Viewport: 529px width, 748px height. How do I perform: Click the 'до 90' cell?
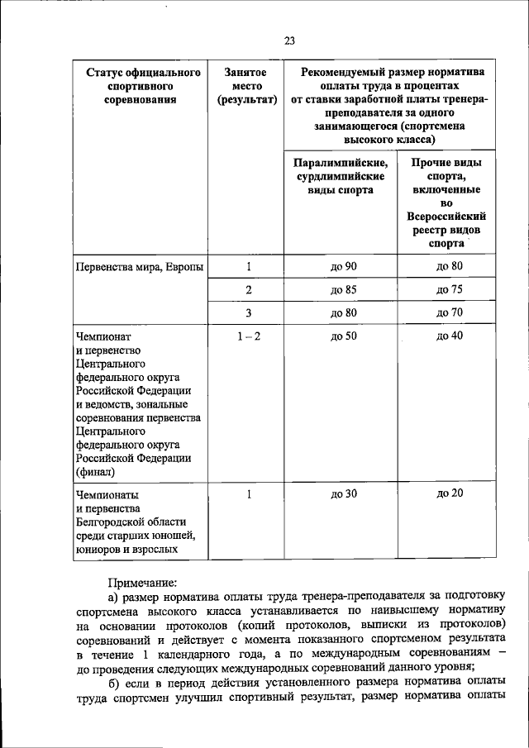pos(342,267)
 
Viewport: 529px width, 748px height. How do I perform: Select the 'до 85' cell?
pos(342,290)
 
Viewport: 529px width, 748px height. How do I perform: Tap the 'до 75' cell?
pos(450,290)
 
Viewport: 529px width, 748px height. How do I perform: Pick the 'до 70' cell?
pos(450,313)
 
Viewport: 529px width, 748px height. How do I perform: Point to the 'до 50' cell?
pos(342,336)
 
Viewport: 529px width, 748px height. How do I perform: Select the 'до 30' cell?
pos(342,494)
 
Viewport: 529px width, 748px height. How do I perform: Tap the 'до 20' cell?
pos(450,493)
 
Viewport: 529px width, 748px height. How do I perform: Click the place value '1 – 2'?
pos(248,336)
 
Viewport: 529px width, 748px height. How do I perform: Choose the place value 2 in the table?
pos(248,290)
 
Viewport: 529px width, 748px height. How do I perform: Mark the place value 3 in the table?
pos(248,313)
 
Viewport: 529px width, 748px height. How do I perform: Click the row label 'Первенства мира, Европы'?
pos(139,267)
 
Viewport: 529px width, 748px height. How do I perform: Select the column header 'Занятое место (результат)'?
pos(246,87)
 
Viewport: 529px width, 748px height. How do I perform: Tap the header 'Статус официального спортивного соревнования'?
pos(138,87)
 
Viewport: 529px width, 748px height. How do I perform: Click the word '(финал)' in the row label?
pos(95,473)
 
